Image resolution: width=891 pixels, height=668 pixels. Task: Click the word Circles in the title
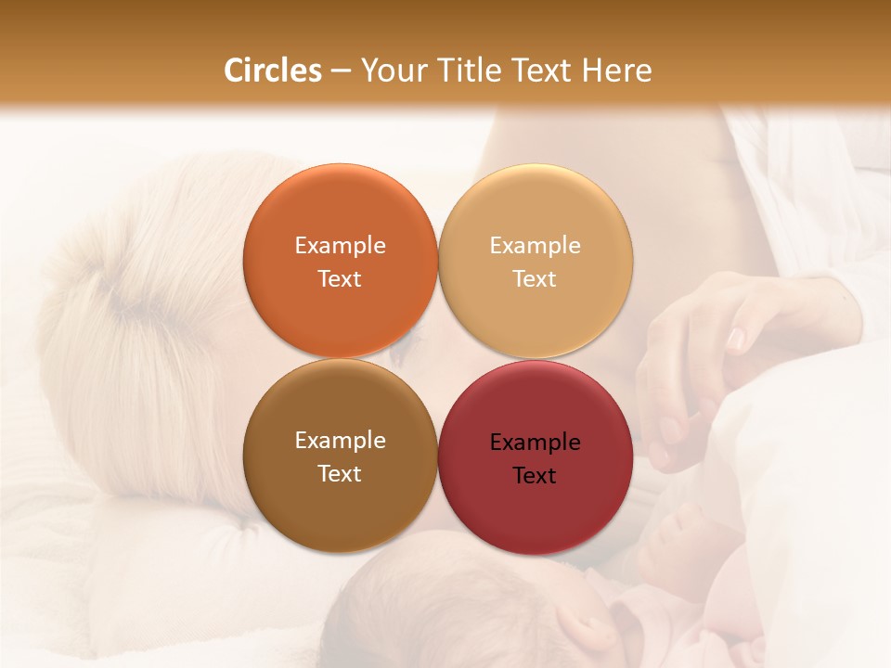(273, 71)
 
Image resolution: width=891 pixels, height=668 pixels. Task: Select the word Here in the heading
(616, 71)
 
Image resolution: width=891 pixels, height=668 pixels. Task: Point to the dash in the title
(341, 71)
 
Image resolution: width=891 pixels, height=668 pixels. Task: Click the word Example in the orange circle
(340, 246)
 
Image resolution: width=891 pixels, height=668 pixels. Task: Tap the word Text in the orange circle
(340, 278)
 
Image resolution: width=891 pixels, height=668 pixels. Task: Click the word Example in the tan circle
(535, 246)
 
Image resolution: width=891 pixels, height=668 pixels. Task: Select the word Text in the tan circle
(535, 278)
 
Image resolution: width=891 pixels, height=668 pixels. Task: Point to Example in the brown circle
(340, 441)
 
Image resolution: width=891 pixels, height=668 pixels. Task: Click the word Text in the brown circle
(340, 473)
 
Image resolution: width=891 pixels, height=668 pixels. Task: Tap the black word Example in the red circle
(535, 443)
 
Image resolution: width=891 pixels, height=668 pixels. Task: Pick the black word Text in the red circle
(535, 475)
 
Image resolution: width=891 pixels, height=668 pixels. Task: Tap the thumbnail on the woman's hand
(735, 340)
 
